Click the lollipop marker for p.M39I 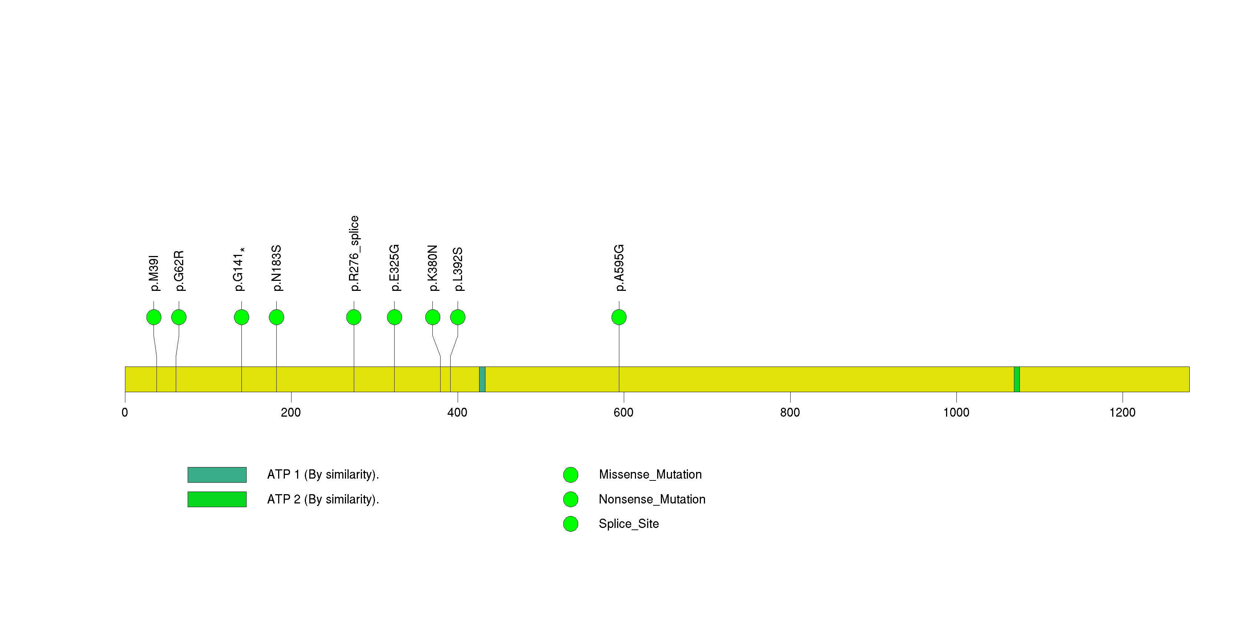[154, 317]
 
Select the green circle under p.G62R [179, 317]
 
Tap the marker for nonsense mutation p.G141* [241, 317]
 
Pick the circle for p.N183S [277, 317]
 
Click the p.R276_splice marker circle [354, 317]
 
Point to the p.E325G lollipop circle [395, 317]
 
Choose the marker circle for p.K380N [432, 317]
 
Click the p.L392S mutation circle [458, 317]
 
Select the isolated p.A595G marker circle [619, 317]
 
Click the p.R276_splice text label [354, 254]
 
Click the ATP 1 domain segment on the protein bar [482, 379]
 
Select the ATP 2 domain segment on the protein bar [1017, 379]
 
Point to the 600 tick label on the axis [623, 413]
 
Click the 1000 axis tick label [956, 413]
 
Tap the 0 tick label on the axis [125, 413]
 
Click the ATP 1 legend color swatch [217, 475]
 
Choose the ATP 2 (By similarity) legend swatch [217, 499]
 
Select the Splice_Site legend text [629, 524]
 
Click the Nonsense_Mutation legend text [652, 499]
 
